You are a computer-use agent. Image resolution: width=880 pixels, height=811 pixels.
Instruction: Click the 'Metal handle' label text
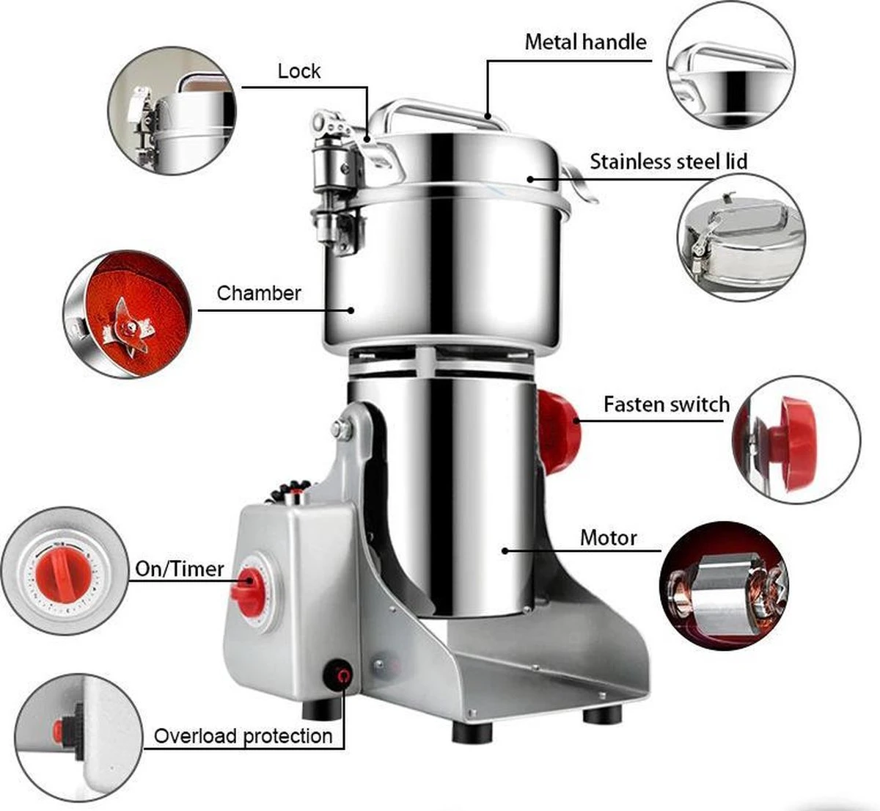coord(585,42)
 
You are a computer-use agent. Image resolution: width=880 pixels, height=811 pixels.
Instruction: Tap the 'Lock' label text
coord(299,71)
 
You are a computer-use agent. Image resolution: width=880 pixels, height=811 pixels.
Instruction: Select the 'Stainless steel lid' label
coord(668,161)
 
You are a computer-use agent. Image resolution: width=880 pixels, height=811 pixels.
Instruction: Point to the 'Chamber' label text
coord(259,294)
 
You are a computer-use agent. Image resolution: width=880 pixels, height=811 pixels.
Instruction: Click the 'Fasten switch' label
coord(666,404)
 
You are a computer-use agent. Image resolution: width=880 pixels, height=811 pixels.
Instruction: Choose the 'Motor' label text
coord(608,538)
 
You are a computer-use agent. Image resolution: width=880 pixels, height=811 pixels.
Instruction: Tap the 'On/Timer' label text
coord(179,569)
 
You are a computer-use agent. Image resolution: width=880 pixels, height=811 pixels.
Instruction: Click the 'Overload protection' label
coord(243,736)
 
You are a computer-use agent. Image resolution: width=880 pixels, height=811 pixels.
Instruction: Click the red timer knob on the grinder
coord(248,586)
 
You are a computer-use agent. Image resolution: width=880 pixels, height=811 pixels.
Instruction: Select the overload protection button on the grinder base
coord(339,676)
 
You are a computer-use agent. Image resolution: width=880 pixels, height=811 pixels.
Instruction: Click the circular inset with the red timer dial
coord(65,571)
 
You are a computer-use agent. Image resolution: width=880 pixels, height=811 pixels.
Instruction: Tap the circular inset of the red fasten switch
coord(796,440)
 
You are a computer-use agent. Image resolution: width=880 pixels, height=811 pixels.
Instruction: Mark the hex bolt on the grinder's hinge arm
coord(340,430)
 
